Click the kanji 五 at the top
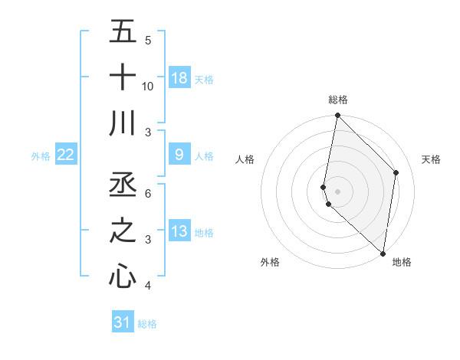[123, 32]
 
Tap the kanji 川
[123, 123]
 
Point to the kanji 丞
[123, 185]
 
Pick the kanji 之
[123, 231]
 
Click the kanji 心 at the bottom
[123, 277]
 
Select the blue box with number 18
[179, 77]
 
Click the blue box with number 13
[179, 231]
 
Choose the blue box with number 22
[66, 155]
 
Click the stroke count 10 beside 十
[148, 86]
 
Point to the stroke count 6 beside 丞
[148, 193]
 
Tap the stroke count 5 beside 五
[148, 41]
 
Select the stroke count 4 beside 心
[148, 286]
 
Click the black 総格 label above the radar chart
[338, 100]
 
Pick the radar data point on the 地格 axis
[383, 254]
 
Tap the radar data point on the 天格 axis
[396, 172]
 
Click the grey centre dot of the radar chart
[338, 191]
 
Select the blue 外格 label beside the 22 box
[41, 156]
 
